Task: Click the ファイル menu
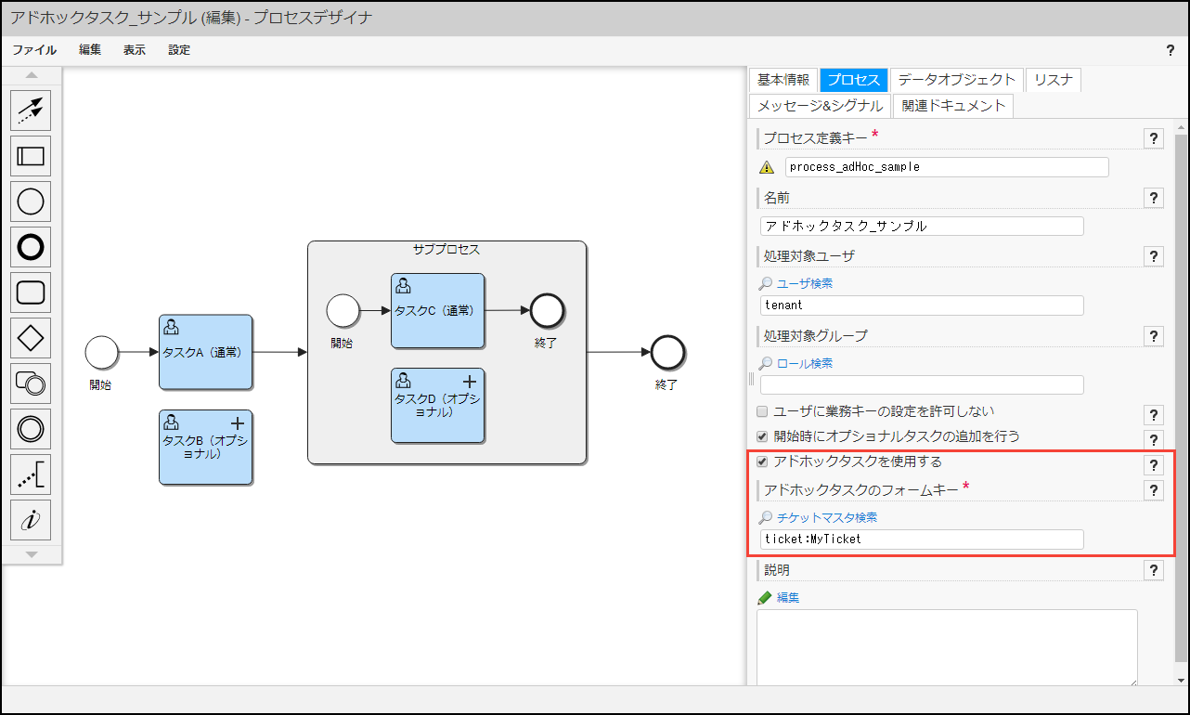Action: coord(34,50)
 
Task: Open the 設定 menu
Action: coord(179,50)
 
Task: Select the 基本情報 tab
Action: coord(783,80)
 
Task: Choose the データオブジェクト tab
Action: coord(957,80)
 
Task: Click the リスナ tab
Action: coord(1054,80)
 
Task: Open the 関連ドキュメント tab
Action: coord(953,106)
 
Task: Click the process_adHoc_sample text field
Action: coord(947,167)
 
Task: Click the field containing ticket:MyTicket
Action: coord(922,539)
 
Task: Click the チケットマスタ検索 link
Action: coord(826,517)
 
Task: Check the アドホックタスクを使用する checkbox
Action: coord(762,461)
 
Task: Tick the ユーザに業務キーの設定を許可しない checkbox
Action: coord(762,411)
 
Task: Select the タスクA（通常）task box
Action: coord(205,352)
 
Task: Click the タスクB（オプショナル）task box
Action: coord(205,447)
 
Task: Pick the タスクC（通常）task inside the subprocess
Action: coord(437,311)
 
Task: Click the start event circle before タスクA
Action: coord(101,352)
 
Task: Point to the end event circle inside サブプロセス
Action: coord(547,311)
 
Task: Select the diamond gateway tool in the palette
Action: coord(31,338)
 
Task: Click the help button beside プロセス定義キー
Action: coord(1153,138)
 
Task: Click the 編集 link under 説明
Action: coord(787,597)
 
